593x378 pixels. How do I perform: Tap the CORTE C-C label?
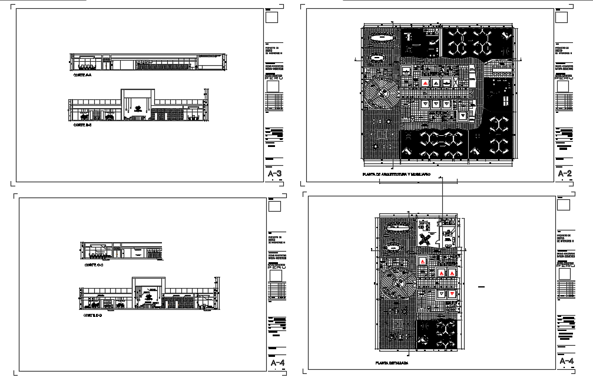(x=93, y=265)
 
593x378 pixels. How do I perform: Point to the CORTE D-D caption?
(x=93, y=315)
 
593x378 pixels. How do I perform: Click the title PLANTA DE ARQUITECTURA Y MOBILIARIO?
(x=396, y=175)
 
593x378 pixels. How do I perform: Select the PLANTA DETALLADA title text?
(x=392, y=363)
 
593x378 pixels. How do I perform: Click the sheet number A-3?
(x=274, y=174)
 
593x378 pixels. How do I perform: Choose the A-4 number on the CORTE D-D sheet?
(x=276, y=364)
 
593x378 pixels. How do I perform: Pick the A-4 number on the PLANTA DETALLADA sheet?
(x=566, y=360)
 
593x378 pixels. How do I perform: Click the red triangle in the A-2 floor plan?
(x=424, y=83)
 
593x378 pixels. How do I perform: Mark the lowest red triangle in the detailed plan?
(x=452, y=293)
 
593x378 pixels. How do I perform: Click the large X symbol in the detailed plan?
(x=425, y=239)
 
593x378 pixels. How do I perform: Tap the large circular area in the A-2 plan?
(x=382, y=94)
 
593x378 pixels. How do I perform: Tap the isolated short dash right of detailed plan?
(x=481, y=287)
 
